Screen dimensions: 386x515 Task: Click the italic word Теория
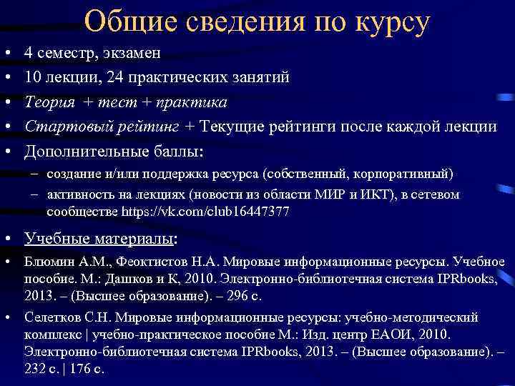49,102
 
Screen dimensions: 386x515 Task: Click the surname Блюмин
46,262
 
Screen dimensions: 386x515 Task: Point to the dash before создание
35,174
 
